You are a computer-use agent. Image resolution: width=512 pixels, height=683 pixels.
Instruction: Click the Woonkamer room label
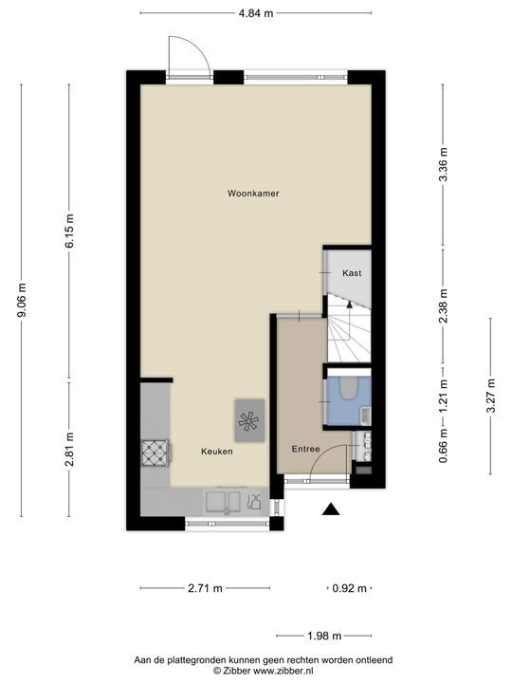click(x=252, y=193)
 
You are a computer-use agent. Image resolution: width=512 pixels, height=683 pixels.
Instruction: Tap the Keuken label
click(x=216, y=452)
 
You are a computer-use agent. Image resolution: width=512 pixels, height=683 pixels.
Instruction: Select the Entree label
click(x=305, y=450)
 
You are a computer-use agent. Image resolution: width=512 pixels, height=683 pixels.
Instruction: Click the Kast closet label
click(x=352, y=273)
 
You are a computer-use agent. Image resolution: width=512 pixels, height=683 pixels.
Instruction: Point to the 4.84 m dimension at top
click(x=255, y=13)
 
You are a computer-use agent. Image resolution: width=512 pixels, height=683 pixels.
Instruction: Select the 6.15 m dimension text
click(x=69, y=231)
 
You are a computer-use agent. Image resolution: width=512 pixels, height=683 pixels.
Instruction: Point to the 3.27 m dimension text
click(x=490, y=397)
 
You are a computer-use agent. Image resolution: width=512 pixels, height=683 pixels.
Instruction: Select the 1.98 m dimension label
click(x=323, y=637)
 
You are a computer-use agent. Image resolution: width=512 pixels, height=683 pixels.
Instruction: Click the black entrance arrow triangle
click(x=330, y=510)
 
